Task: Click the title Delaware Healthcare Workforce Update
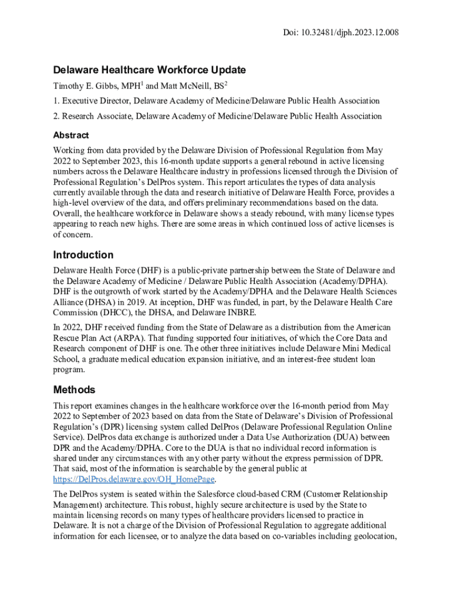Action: (149, 70)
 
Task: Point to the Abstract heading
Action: (71, 135)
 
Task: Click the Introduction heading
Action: (83, 255)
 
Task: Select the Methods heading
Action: (74, 390)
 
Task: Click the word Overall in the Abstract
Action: (67, 214)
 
